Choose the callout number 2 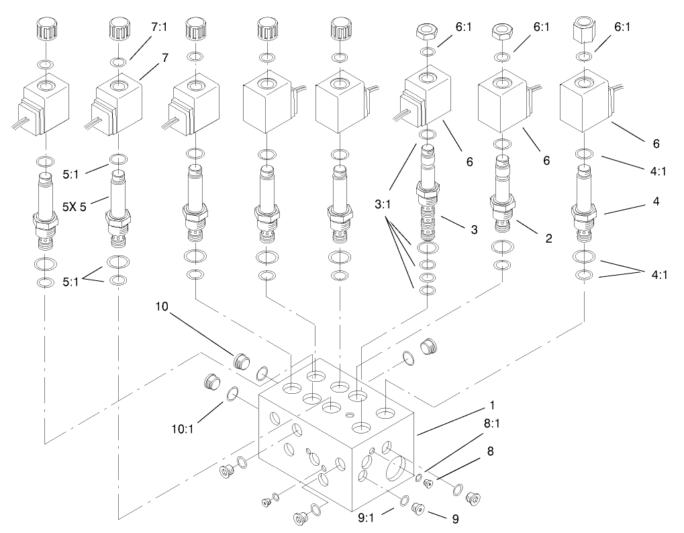click(548, 238)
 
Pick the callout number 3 click(473, 230)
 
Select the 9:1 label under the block click(369, 518)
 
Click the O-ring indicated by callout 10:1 click(232, 395)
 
